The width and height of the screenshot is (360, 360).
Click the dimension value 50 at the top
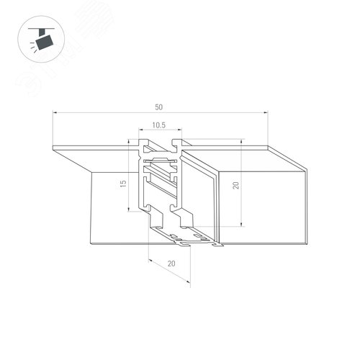pyautogui.click(x=158, y=107)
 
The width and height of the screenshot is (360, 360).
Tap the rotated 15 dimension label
pyautogui.click(x=122, y=184)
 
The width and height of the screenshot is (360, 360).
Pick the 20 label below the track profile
pyautogui.click(x=171, y=264)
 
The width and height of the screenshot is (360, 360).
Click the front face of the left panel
pyautogui.click(x=115, y=209)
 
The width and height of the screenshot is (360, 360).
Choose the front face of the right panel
pyautogui.click(x=263, y=205)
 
